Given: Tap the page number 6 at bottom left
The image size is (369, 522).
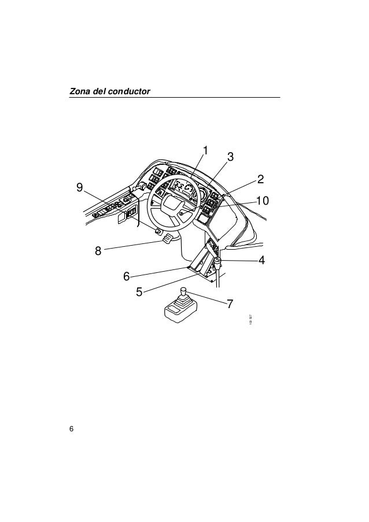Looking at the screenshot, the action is (x=71, y=428).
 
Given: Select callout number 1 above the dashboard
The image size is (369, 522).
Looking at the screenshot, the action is (x=204, y=151).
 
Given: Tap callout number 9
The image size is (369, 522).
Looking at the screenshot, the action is (x=79, y=187).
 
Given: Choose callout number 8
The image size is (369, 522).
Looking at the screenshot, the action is (x=98, y=251).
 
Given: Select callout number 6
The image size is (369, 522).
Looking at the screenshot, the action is (x=126, y=276).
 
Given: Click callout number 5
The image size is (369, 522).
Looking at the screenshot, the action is (x=139, y=291).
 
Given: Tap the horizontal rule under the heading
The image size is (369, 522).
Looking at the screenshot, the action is (x=174, y=97).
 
